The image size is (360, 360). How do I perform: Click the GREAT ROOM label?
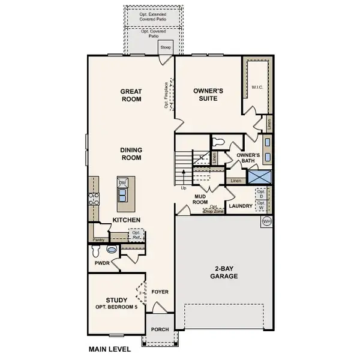point(131,95)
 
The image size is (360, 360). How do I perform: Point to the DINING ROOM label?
point(131,154)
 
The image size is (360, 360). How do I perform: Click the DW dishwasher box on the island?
point(122,183)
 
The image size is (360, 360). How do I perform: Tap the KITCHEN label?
point(127,220)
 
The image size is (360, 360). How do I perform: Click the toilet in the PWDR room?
point(110,250)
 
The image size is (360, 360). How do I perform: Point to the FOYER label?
point(160,292)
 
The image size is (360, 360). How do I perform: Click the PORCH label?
point(159,329)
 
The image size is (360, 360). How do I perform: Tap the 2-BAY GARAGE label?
point(225,272)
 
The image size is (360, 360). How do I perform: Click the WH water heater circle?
point(266,222)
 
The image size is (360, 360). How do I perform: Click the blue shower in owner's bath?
point(261,178)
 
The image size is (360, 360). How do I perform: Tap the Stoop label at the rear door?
point(166,46)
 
